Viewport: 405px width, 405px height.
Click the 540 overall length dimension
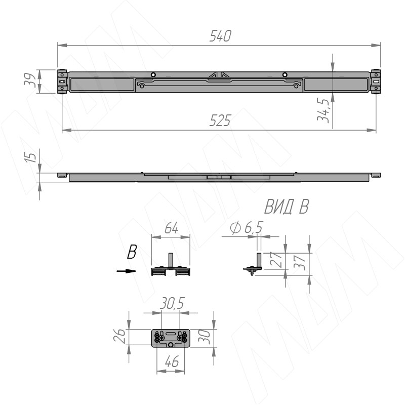click(220, 36)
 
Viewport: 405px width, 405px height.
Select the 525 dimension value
click(220, 120)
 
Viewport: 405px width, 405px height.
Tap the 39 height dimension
click(30, 80)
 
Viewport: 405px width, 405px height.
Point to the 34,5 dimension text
click(323, 109)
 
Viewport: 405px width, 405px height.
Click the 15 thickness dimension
click(30, 157)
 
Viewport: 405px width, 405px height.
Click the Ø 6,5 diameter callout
click(246, 227)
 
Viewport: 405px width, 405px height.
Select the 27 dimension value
click(275, 259)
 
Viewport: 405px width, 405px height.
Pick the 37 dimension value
click(300, 262)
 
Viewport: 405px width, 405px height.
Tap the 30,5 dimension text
click(172, 303)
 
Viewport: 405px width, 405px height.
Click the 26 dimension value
click(119, 336)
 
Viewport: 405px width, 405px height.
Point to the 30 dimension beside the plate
click(204, 337)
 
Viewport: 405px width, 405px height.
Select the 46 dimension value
click(172, 361)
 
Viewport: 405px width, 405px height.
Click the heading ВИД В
click(287, 207)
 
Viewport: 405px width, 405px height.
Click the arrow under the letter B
click(126, 271)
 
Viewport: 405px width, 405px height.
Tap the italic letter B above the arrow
click(132, 252)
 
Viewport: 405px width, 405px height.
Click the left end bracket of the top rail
click(62, 82)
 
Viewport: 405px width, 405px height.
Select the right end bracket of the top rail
click(375, 82)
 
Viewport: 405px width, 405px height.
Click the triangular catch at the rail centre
click(219, 75)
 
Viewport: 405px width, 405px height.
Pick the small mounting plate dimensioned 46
click(171, 338)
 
